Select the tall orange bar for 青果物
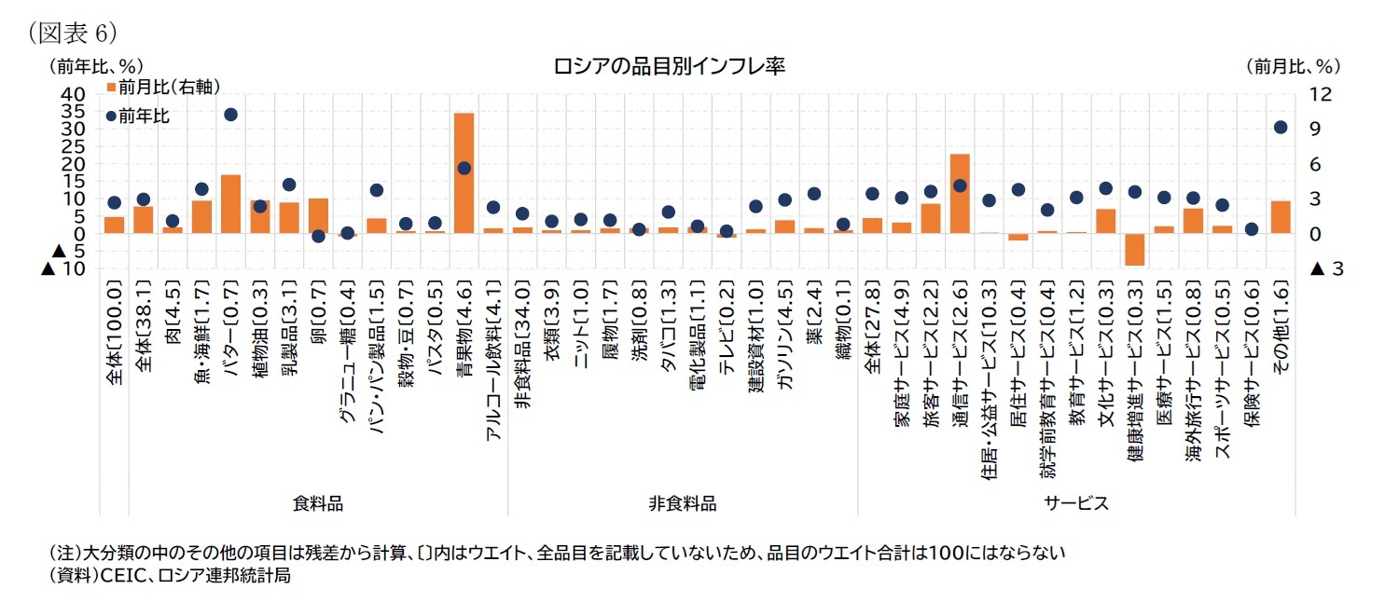464,172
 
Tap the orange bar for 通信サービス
960,193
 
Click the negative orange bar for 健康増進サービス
1134,249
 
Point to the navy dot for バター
230,115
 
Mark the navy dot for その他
1281,128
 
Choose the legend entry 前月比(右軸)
163,88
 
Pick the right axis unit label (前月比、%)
1292,66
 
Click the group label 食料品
317,503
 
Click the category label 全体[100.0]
114,331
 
